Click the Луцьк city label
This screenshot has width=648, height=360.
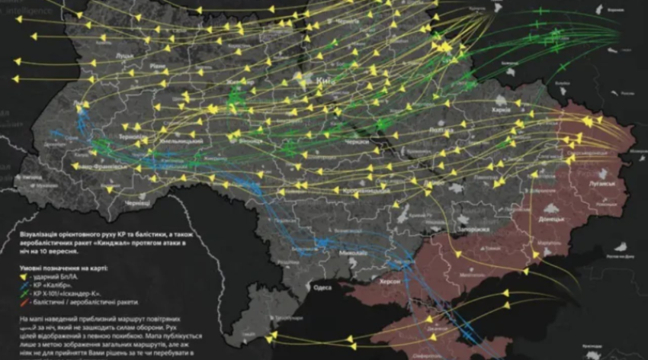(123, 56)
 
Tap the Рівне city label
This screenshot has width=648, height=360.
(156, 67)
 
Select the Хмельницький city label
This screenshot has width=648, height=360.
(179, 141)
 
